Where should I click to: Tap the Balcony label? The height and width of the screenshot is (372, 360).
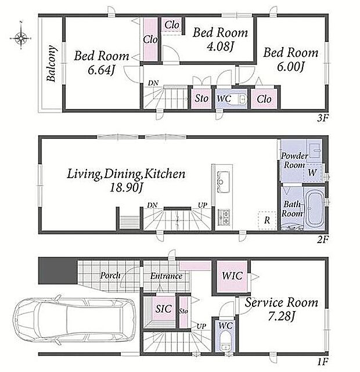(x=52, y=63)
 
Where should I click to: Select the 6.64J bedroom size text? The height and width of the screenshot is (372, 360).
(x=100, y=70)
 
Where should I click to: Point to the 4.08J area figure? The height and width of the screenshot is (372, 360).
(x=220, y=46)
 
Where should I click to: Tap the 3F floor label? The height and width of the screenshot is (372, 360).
(x=323, y=118)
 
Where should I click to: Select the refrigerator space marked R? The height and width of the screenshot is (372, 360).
(x=267, y=220)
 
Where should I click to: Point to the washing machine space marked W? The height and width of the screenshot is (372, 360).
(x=313, y=172)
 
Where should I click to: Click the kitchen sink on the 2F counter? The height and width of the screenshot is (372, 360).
(x=224, y=182)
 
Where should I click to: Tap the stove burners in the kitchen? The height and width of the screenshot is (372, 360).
(x=224, y=216)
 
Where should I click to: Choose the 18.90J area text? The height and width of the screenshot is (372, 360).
(x=126, y=188)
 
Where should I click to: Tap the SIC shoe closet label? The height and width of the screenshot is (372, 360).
(x=164, y=309)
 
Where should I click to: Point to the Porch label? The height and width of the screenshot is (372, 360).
(x=110, y=276)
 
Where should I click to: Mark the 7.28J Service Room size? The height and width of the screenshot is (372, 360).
(x=281, y=316)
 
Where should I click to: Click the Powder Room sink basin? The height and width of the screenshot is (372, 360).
(x=315, y=150)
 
